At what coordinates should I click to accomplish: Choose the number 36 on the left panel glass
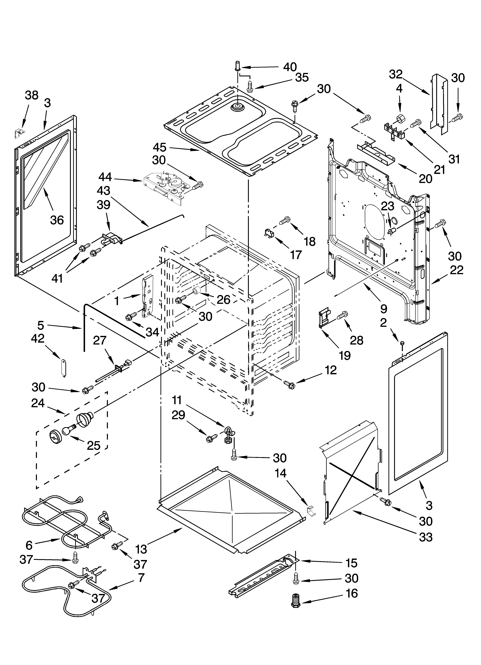[x=57, y=220]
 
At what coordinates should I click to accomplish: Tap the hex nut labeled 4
[x=399, y=119]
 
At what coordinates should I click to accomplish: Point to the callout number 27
[x=100, y=341]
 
